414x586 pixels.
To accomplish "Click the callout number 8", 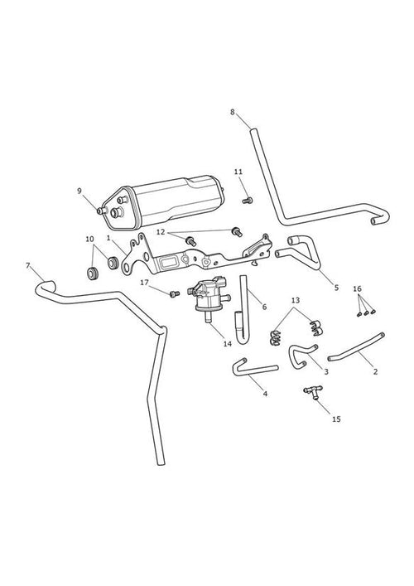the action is [233, 112].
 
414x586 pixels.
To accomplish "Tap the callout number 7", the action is [27, 265].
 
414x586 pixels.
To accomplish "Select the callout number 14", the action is [228, 344].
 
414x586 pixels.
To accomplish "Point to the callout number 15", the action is [336, 419].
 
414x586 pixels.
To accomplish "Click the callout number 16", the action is [357, 288].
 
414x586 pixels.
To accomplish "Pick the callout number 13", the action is [296, 300].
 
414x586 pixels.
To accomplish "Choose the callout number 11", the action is [238, 172].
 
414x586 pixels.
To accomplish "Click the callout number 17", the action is [144, 283].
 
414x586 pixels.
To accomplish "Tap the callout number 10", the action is [89, 240].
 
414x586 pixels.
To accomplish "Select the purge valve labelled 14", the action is [210, 296].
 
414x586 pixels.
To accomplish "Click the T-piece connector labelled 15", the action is [312, 392].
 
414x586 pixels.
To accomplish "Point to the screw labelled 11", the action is [248, 201].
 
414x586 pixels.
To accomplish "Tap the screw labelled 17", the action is [175, 294].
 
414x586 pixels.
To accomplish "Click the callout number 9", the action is [79, 191].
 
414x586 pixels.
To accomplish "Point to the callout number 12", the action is [161, 232].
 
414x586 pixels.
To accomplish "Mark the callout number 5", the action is [336, 288].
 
